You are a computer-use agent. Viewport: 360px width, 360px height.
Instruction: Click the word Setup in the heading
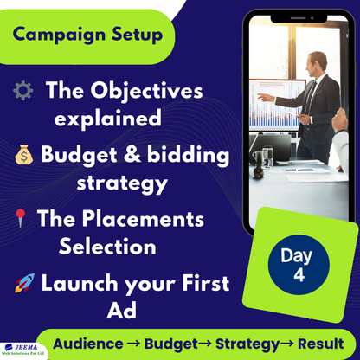coord(135,35)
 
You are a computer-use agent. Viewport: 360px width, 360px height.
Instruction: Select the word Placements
coord(152,217)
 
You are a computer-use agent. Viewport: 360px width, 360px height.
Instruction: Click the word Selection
coord(107,246)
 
